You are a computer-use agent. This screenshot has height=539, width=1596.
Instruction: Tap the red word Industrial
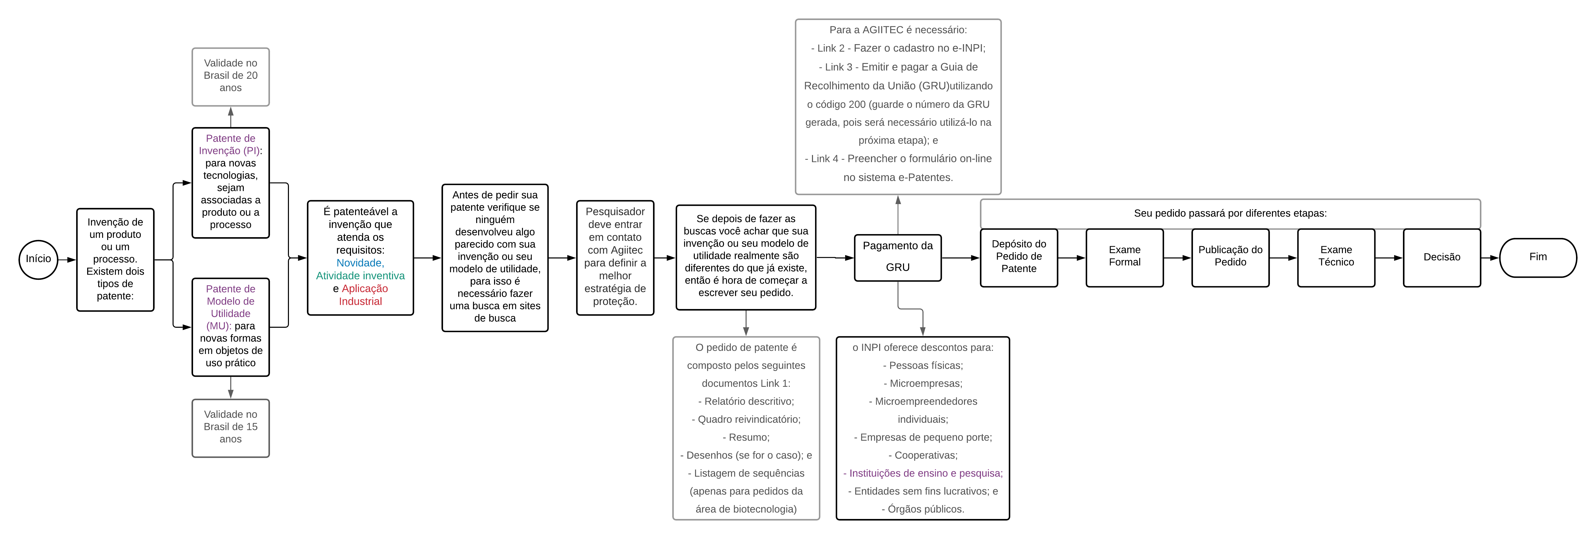(x=360, y=301)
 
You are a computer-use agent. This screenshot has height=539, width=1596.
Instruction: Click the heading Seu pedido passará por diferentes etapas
(x=1230, y=213)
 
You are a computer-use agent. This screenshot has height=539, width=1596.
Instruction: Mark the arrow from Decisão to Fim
(x=1490, y=257)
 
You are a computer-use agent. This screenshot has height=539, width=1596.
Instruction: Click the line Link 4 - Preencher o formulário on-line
(x=898, y=159)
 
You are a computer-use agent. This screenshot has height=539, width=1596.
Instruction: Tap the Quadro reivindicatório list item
(x=746, y=419)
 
